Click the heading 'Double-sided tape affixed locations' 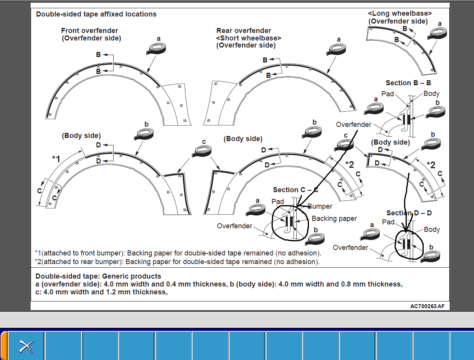tap(96, 14)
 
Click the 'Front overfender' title tap(90, 31)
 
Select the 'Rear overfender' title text tap(244, 31)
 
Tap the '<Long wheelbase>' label tap(400, 14)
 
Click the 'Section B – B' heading tap(408, 83)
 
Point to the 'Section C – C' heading tap(296, 190)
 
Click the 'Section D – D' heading tap(409, 213)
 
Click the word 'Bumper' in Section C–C tap(320, 206)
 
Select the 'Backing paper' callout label tap(334, 219)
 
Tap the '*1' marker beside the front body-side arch tap(56, 159)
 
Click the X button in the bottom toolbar tap(26, 346)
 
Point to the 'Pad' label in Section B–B tap(388, 94)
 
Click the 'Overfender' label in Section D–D tap(351, 248)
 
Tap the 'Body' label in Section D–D tap(432, 230)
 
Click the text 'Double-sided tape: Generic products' tap(98, 276)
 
